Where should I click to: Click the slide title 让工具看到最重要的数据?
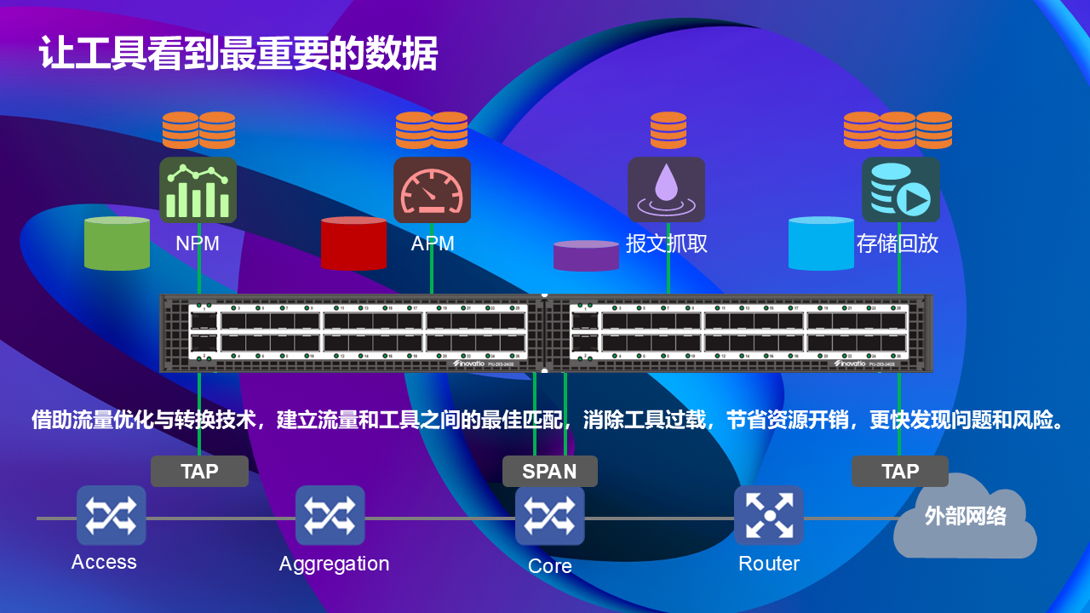coord(238,54)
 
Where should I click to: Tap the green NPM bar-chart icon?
coord(198,190)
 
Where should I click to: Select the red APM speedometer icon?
coord(432,190)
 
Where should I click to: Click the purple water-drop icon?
coord(666,190)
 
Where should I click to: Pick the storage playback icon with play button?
coord(900,190)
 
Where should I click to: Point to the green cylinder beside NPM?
coord(117,243)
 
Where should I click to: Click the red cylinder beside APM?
coord(353,243)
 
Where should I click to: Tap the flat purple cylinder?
coord(586,255)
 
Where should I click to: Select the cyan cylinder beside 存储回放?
coord(821,243)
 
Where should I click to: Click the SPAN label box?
coord(549,471)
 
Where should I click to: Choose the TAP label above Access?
coord(199,471)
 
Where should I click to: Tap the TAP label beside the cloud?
coord(900,471)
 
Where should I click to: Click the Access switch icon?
coord(111,515)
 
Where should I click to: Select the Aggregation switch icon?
coord(330,515)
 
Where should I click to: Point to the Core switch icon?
coord(549,515)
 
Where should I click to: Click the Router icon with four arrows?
coord(768,515)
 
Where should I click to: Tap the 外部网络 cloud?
coord(965,518)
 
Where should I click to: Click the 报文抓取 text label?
coord(667,243)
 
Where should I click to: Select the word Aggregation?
coord(334,564)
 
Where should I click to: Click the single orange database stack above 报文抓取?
coord(668,130)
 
